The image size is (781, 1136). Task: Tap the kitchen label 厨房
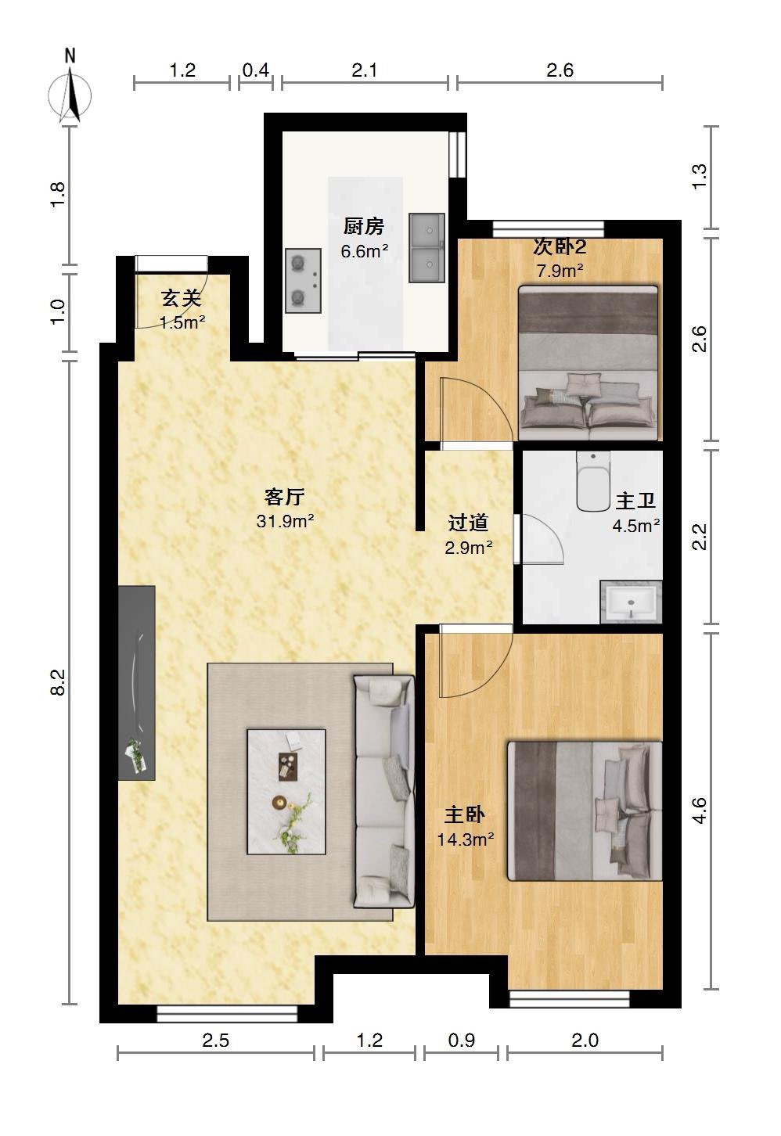point(364,226)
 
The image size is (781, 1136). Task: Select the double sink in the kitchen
point(427,248)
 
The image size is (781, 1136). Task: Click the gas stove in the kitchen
point(304,280)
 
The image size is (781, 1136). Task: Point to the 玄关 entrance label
point(182,298)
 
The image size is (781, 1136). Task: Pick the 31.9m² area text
point(285,521)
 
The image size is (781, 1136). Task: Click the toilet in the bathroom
point(593,481)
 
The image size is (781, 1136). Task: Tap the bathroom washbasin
point(631,602)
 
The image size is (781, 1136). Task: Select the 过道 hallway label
point(468,523)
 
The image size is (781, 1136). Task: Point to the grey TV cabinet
point(136,682)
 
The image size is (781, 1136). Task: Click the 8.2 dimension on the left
point(58,682)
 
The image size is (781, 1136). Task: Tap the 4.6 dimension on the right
point(699,811)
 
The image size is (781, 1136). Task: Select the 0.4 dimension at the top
point(256,70)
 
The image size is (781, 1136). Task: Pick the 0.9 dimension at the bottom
point(462,1041)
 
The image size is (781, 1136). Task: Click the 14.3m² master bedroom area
point(466,839)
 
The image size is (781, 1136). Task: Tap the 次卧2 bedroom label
point(560,247)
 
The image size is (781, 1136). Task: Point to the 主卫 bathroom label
point(636,501)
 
